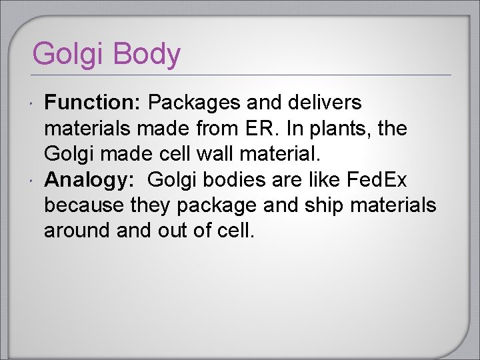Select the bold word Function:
point(93,103)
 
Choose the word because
point(85,205)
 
